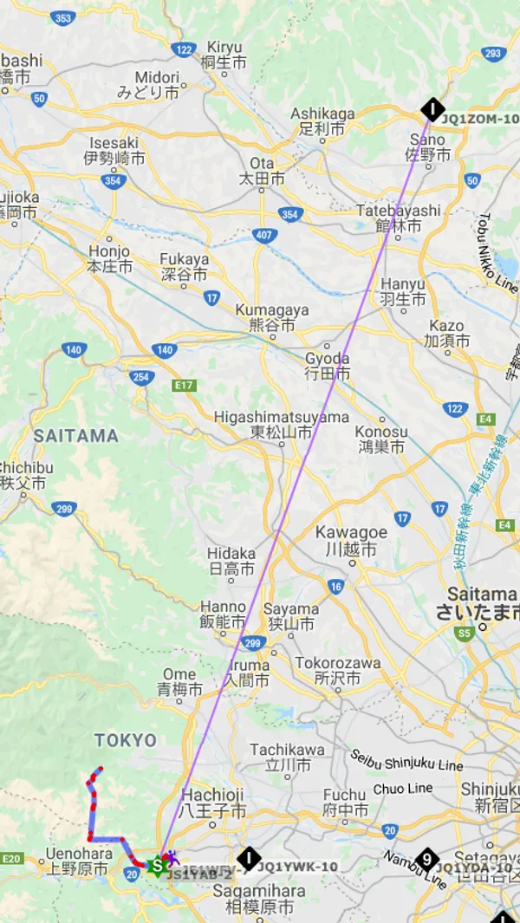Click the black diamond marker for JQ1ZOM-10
[x=432, y=109]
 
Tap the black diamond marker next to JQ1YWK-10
[x=249, y=859]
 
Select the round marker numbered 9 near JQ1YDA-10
[x=426, y=859]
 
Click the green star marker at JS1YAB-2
[x=157, y=866]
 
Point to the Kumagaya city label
[x=273, y=317]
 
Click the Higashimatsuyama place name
[x=282, y=425]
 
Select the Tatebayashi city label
[x=399, y=218]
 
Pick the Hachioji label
[x=214, y=803]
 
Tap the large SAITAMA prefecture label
[x=75, y=436]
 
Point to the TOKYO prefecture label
[x=126, y=740]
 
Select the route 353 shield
[x=63, y=17]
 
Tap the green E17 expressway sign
[x=184, y=385]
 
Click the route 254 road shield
[x=141, y=377]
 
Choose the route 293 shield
[x=493, y=54]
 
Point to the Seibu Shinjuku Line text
[x=407, y=760]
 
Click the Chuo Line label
[x=403, y=789]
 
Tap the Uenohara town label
[x=78, y=861]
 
